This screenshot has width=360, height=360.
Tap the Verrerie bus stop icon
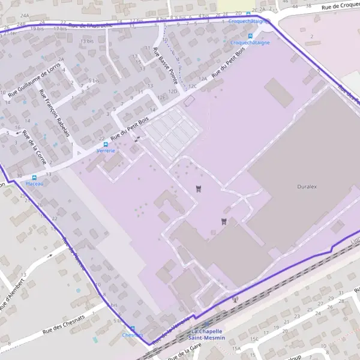pos(106,145)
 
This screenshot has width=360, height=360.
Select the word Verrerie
pos(106,151)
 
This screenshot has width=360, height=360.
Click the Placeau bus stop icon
pos(34,178)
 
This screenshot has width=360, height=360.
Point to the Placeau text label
pos(34,184)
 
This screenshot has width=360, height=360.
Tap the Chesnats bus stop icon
pos(133,329)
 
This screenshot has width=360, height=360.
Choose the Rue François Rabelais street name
pos(54,113)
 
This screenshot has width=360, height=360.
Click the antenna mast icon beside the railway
pos(235,299)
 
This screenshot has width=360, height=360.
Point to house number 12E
pos(160,97)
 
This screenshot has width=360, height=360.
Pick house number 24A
pos(25,16)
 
